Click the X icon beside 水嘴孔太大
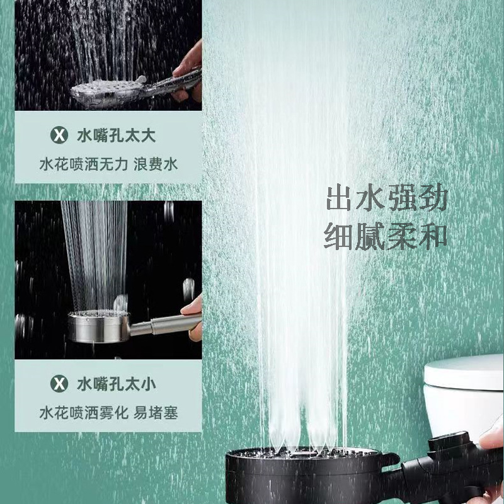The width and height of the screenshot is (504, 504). [58, 134]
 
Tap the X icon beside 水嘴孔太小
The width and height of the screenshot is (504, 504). [58, 383]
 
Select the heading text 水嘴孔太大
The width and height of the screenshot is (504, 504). [117, 134]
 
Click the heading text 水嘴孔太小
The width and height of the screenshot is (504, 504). [117, 383]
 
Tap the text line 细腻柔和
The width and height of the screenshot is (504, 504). [386, 236]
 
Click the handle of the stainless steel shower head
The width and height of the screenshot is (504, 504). [164, 324]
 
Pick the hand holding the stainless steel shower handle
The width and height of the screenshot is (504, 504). [192, 315]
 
